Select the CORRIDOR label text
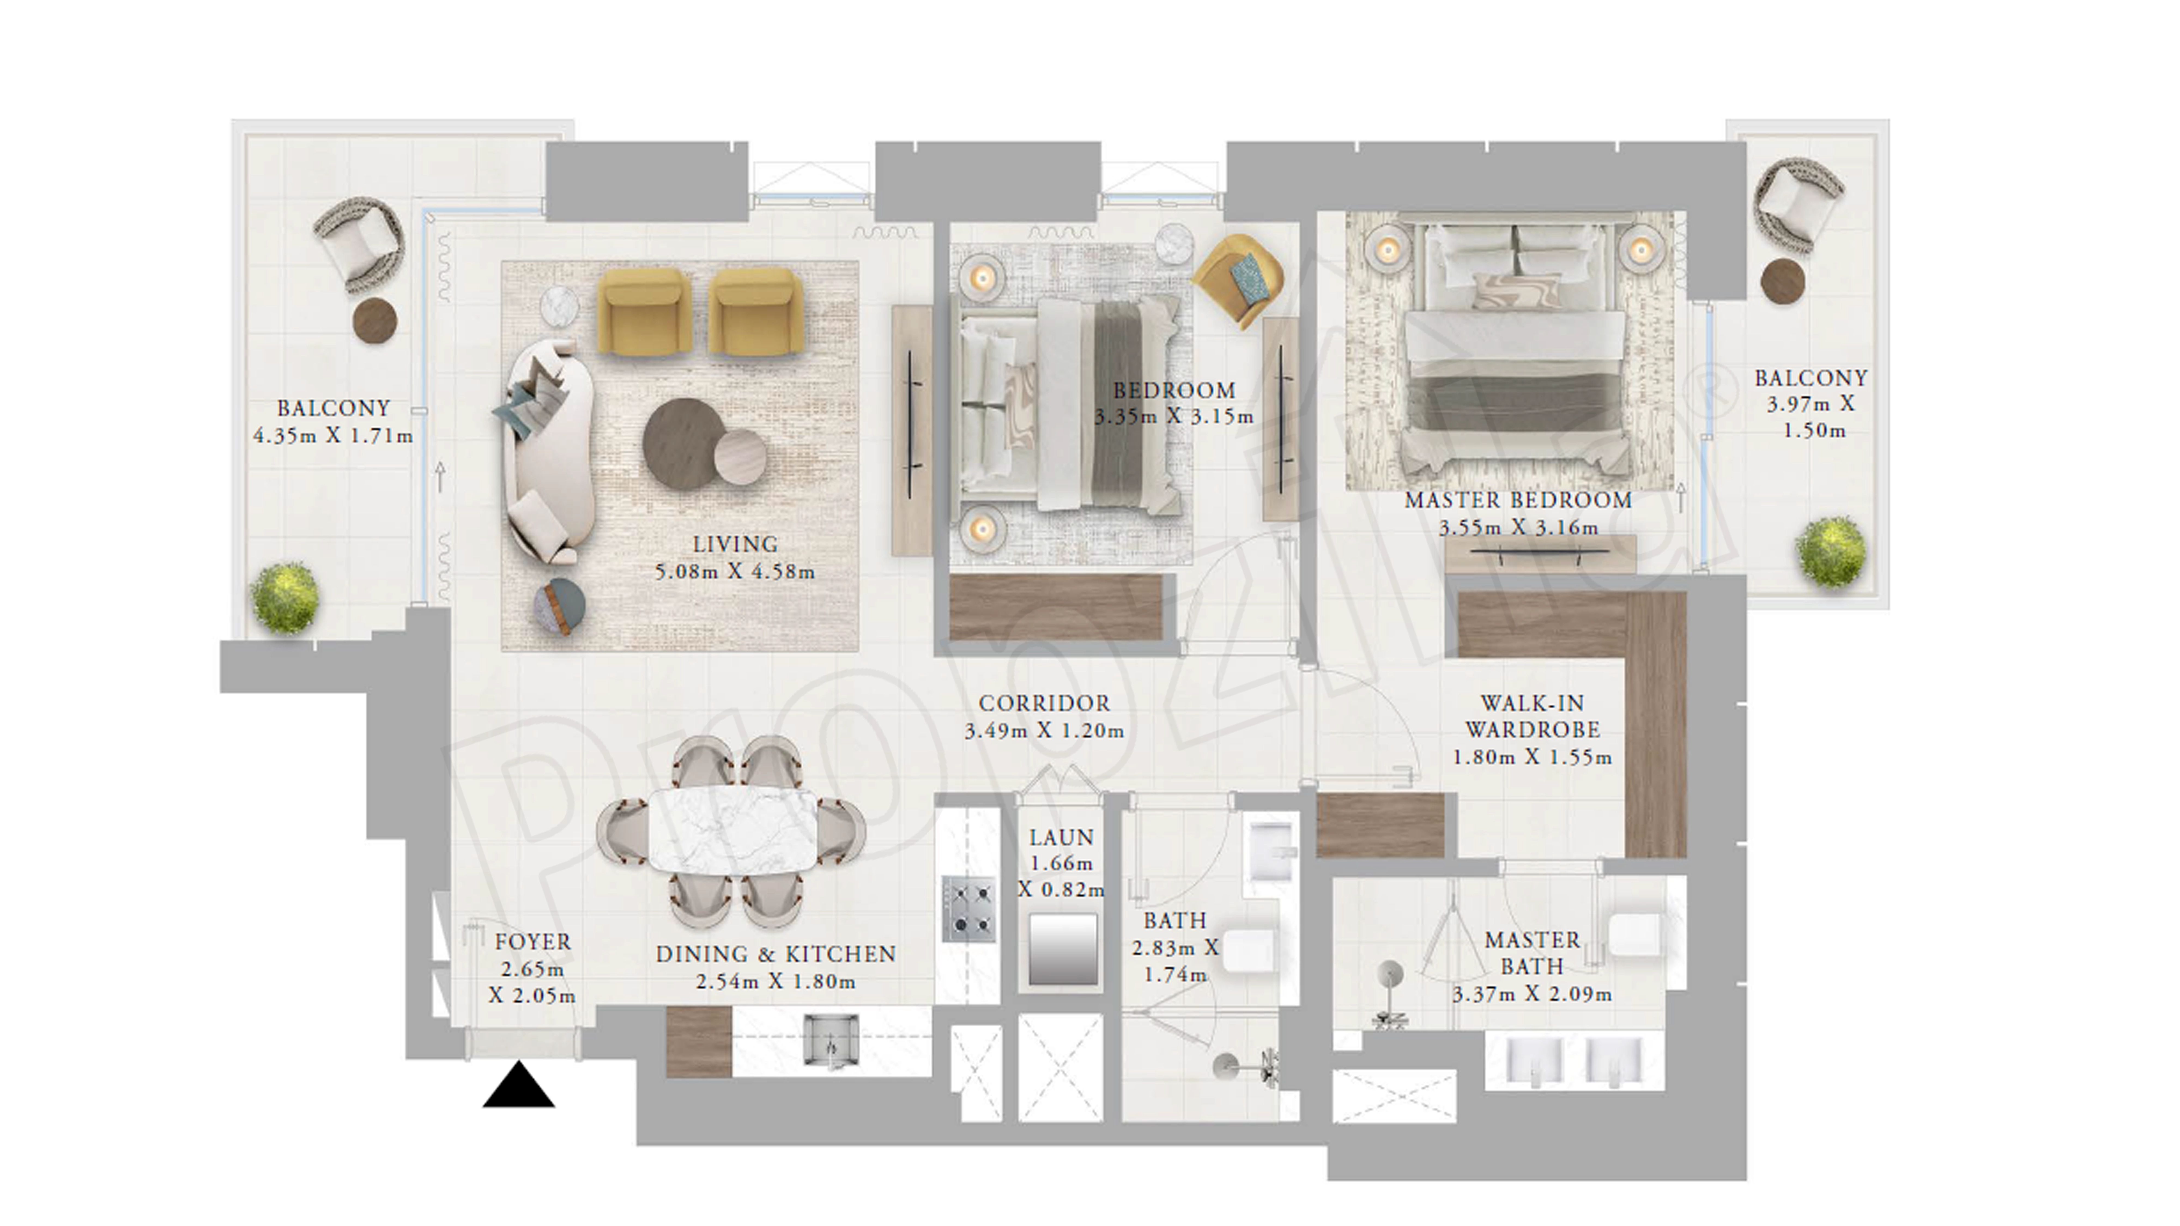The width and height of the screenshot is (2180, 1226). click(x=1044, y=703)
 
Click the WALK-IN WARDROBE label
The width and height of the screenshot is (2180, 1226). click(x=1533, y=716)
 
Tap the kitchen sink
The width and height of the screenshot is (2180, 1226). click(x=830, y=1039)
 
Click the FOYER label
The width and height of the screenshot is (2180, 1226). click(x=533, y=942)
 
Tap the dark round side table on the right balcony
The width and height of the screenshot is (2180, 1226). click(x=1783, y=280)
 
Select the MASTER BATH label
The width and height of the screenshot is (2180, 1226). click(x=1533, y=953)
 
